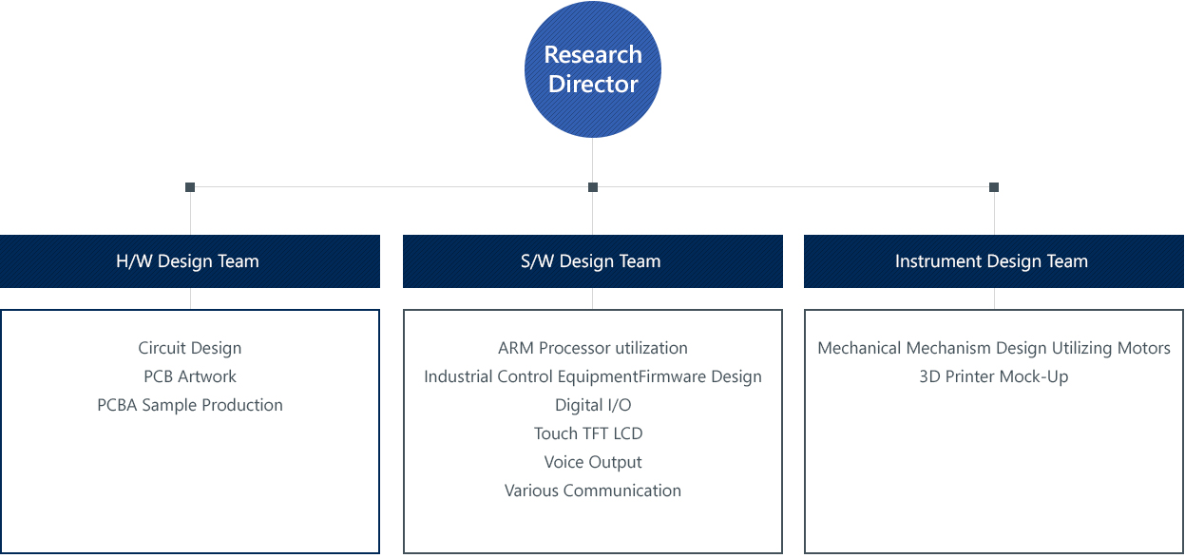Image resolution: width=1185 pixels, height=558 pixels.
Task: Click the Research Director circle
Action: (593, 69)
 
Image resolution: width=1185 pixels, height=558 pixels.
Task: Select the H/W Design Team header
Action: (190, 261)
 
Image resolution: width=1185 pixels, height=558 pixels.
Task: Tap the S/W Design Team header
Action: (593, 261)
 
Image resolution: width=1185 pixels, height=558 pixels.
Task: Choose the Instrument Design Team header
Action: (993, 261)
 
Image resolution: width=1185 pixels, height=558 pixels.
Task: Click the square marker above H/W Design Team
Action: (190, 187)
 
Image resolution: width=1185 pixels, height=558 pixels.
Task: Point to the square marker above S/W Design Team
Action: (593, 187)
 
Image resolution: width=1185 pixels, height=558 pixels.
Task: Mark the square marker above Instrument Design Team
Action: (994, 187)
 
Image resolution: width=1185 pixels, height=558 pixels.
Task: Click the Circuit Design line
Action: (190, 348)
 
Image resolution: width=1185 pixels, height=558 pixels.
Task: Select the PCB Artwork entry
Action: (190, 376)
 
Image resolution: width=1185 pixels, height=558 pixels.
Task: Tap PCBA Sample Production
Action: (190, 405)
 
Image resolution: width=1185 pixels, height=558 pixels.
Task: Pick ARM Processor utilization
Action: (593, 348)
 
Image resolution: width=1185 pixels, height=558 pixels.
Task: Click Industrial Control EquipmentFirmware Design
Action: (593, 376)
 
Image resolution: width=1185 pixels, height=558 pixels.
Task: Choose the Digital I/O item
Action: (593, 405)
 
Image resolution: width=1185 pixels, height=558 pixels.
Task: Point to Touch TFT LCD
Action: (588, 433)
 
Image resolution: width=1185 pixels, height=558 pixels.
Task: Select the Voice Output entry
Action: (593, 462)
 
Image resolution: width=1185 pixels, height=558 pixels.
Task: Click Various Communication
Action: (593, 491)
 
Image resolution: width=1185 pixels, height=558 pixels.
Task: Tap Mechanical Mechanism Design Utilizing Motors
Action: (994, 348)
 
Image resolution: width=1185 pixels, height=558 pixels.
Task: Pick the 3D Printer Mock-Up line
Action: (993, 376)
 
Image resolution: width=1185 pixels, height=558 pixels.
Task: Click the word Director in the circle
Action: (593, 84)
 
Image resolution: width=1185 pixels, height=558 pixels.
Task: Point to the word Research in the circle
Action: (593, 54)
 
